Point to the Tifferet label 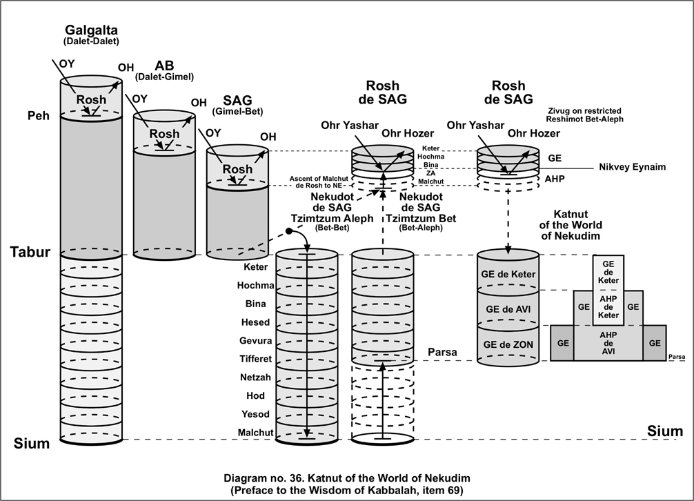[x=255, y=360]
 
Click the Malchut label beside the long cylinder [x=256, y=433]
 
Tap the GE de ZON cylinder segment [x=509, y=345]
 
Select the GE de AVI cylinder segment [x=509, y=308]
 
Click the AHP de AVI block [x=608, y=342]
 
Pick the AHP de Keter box [x=608, y=307]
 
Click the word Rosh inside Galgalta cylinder [x=91, y=100]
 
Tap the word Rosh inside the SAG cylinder [x=237, y=169]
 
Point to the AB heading [x=164, y=66]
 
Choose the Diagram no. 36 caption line [x=347, y=478]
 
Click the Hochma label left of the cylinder [x=255, y=286]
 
